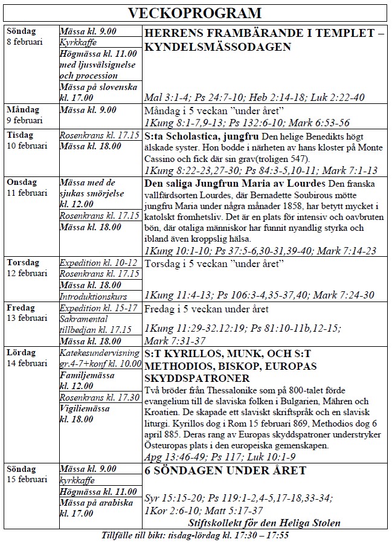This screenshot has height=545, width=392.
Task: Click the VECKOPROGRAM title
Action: coord(196,13)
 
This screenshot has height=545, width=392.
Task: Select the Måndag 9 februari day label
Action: coord(24,115)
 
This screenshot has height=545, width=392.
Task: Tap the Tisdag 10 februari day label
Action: coord(24,140)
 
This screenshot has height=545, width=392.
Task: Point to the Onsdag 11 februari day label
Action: coord(24,187)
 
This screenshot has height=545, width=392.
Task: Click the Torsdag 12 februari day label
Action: coord(24,268)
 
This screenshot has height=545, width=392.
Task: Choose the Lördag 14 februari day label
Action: coord(24,356)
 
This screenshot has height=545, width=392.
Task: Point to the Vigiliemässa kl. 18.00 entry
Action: coord(85,414)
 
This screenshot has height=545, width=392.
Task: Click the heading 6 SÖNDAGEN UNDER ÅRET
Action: coord(225,471)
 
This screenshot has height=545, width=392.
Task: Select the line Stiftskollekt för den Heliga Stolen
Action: coord(264,523)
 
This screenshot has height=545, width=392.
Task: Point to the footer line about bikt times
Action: coord(196,536)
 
